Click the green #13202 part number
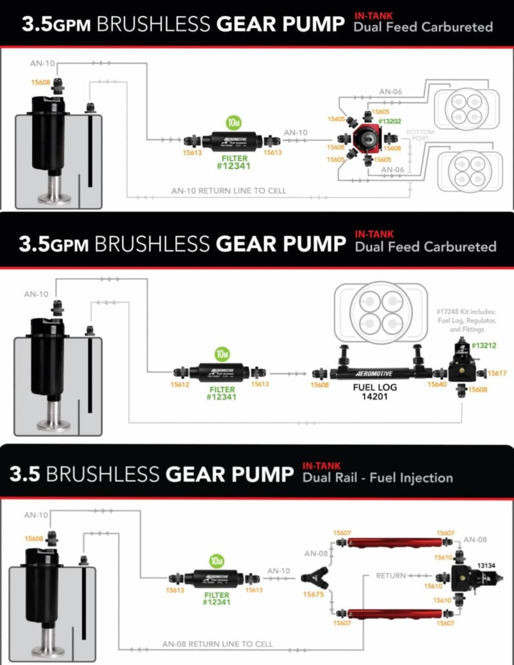[x=390, y=121]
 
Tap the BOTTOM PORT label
[x=420, y=135]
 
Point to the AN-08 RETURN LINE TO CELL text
[x=218, y=644]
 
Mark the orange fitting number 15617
[x=497, y=373]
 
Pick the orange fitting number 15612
[x=180, y=385]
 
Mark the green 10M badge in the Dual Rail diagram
[x=217, y=560]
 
